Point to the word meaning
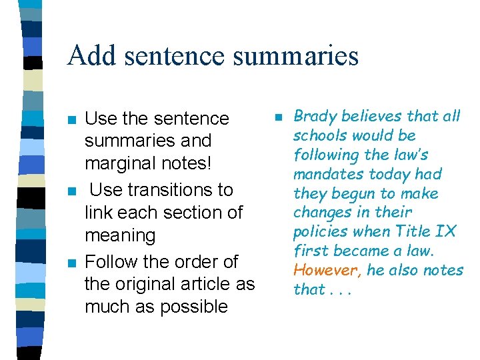(120, 235)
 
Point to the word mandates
(327, 174)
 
